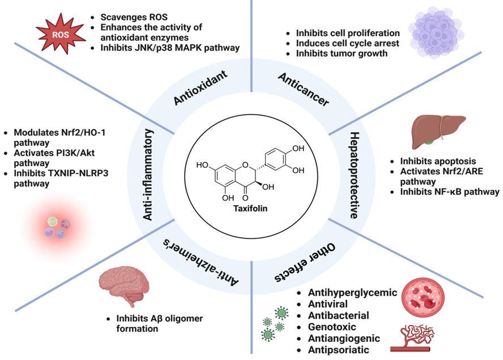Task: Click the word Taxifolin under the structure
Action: [x=251, y=208]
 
